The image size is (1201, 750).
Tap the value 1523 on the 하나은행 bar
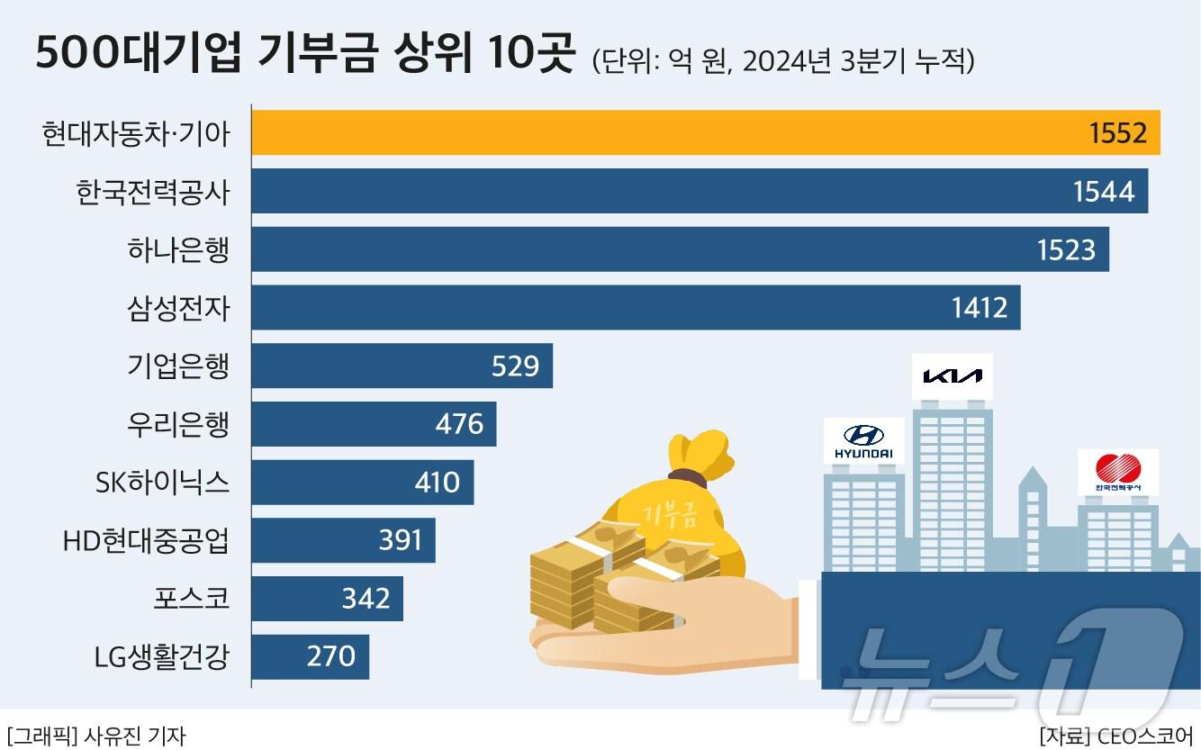[x=1066, y=249]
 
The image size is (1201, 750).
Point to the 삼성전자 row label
[x=178, y=308]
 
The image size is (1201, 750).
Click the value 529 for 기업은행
[x=515, y=366]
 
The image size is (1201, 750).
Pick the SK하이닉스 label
[x=162, y=483]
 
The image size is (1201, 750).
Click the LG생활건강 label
[x=162, y=656]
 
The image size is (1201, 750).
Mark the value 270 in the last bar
[x=331, y=656]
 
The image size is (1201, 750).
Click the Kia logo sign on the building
[x=953, y=375]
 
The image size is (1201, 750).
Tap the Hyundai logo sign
[x=864, y=441]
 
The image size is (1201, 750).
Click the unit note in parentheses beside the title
[x=782, y=61]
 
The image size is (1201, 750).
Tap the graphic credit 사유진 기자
[x=95, y=736]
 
